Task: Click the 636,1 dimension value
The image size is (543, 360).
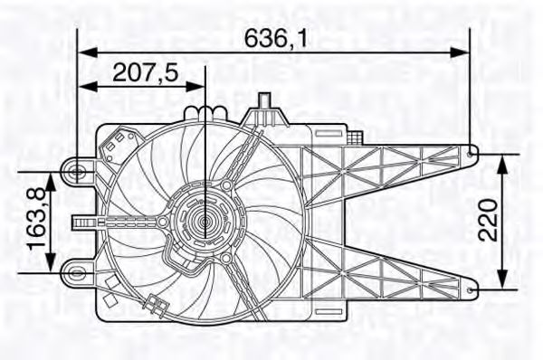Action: pos(273,38)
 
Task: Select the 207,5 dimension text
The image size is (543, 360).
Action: pos(145,71)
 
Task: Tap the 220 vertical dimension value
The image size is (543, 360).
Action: pos(489,219)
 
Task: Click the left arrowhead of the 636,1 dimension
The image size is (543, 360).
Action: pos(83,52)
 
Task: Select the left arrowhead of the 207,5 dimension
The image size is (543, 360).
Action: pos(83,86)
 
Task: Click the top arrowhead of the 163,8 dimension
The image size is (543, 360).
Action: pos(52,175)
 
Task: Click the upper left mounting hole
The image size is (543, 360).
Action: pos(77,169)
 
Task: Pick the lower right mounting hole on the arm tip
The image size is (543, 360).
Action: pos(475,288)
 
